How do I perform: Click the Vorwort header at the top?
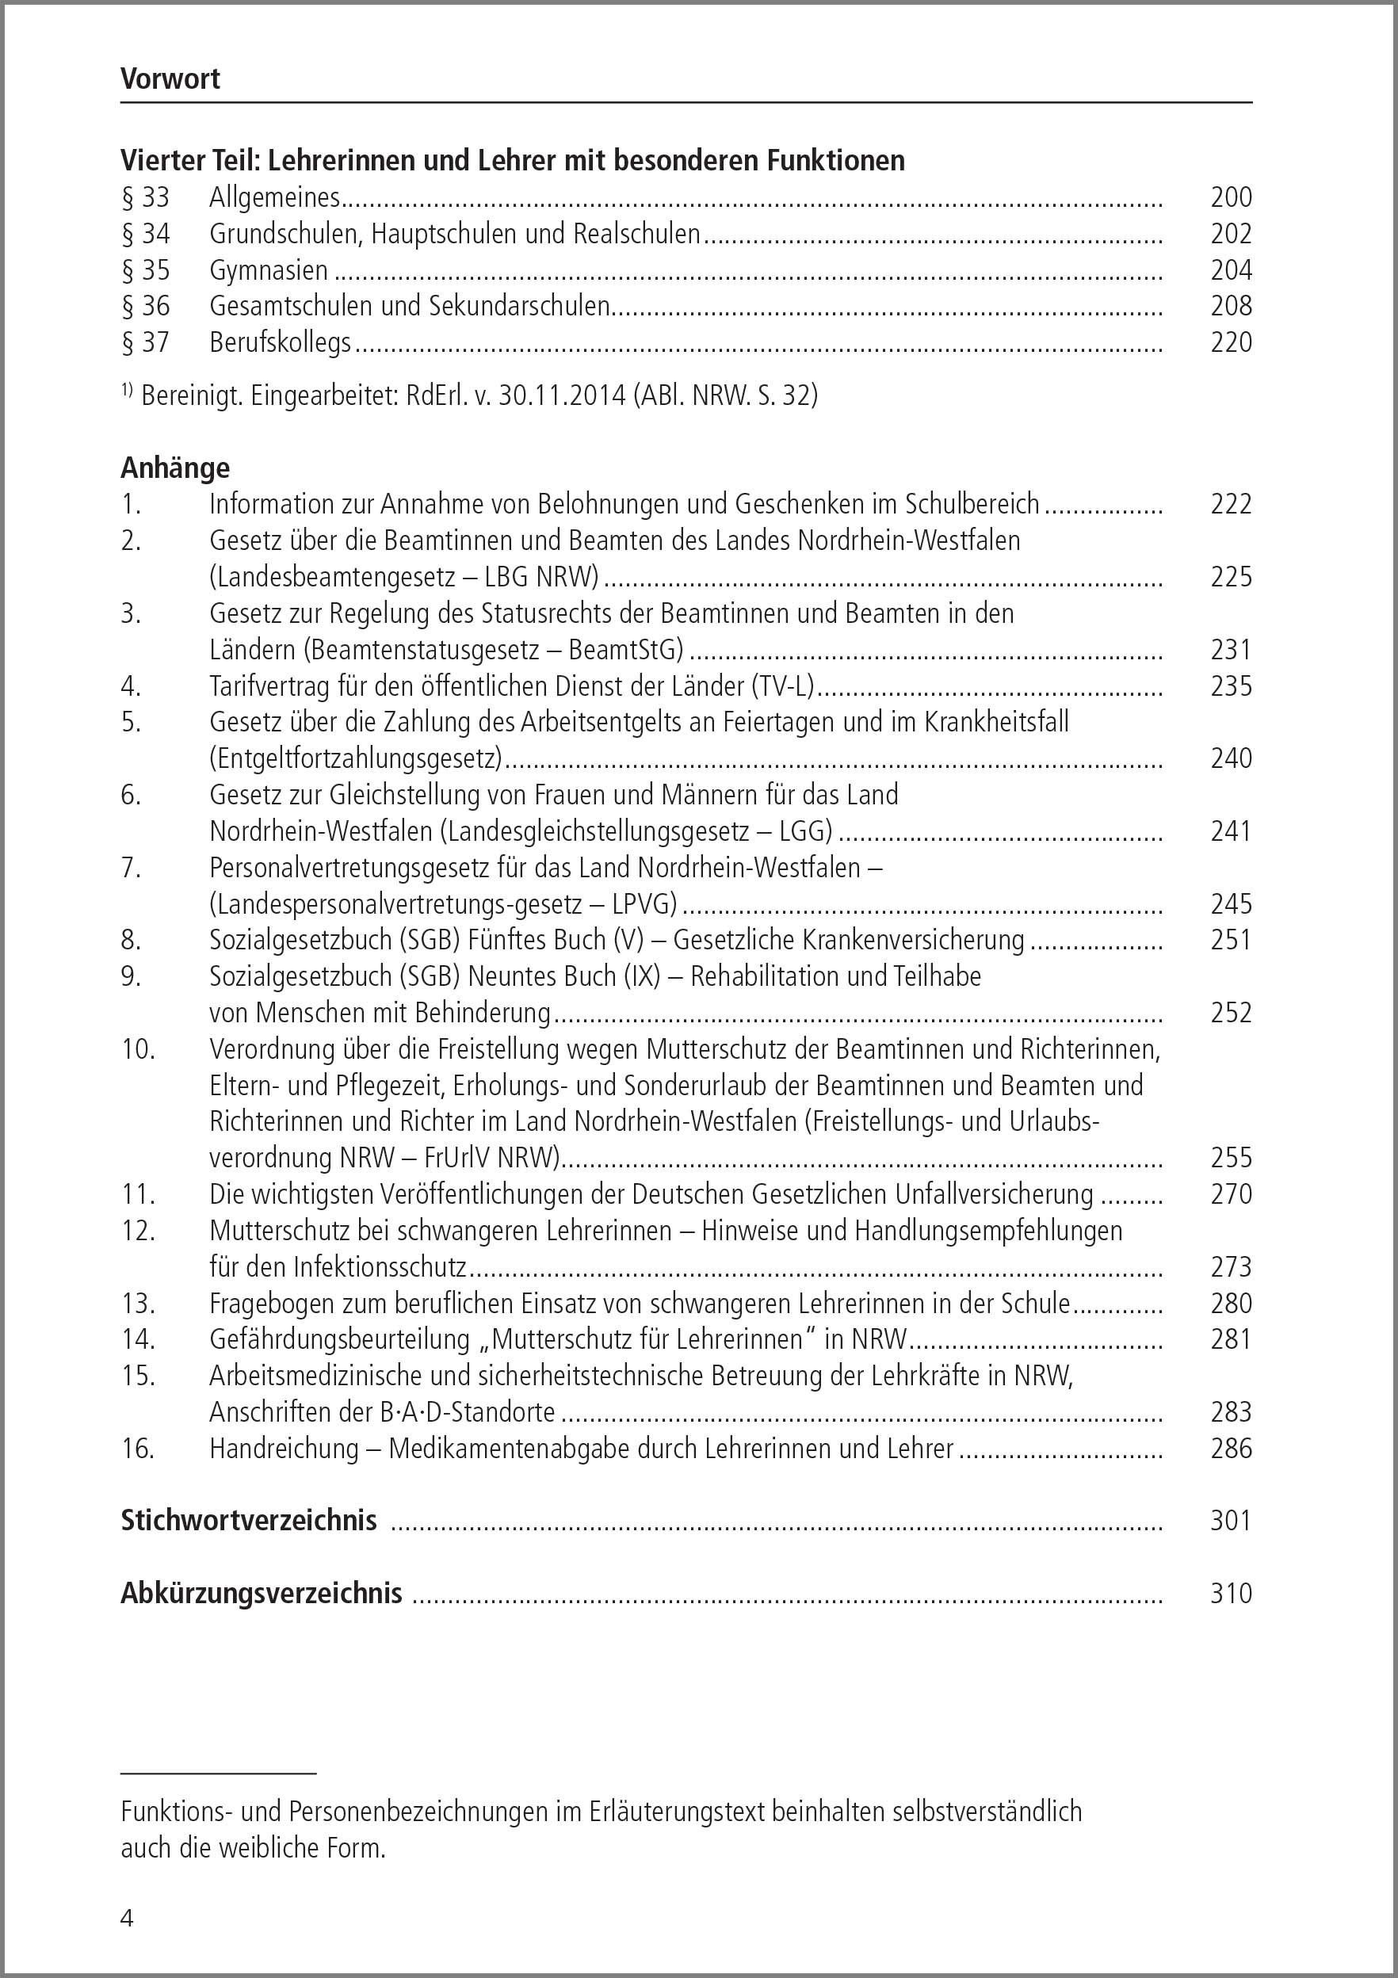coord(170,79)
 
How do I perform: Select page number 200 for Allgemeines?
coord(1231,197)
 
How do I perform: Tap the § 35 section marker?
coord(146,270)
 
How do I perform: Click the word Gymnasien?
coord(269,270)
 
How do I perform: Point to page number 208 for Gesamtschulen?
coord(1231,306)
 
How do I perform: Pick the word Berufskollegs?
coord(280,343)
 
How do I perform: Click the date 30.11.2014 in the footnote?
coord(562,395)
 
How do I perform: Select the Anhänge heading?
coord(176,468)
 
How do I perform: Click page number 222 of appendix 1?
coord(1231,504)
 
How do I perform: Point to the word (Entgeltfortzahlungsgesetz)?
coord(356,758)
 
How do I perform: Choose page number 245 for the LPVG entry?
coord(1231,903)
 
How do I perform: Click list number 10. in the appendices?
coord(138,1049)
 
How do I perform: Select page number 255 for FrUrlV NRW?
coord(1231,1158)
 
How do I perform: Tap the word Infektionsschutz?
coord(380,1266)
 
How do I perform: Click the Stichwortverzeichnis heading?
coord(249,1521)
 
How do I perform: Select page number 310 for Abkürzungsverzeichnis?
coord(1231,1593)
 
